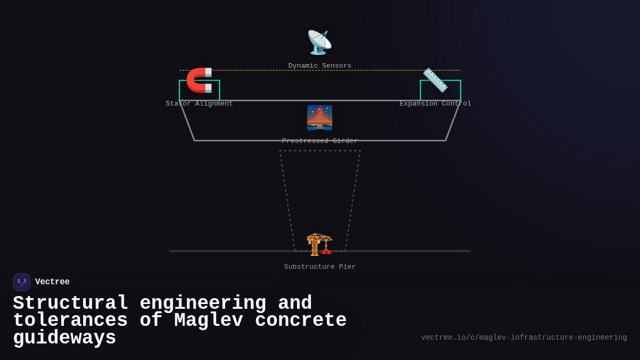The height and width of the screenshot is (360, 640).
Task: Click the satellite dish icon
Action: click(319, 43)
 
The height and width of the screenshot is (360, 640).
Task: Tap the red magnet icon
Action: click(199, 80)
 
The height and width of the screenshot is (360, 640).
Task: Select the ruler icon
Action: click(435, 80)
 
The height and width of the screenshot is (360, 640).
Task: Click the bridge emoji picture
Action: click(319, 118)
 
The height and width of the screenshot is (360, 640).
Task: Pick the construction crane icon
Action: click(319, 244)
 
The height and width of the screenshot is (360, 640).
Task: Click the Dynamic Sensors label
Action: click(320, 66)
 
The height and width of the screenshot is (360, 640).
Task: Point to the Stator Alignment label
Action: click(199, 104)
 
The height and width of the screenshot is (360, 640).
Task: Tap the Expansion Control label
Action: click(435, 104)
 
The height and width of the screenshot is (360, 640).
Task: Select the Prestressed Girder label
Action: click(320, 141)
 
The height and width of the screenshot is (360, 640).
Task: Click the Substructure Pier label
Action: click(320, 267)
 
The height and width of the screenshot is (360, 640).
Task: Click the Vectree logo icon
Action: click(22, 282)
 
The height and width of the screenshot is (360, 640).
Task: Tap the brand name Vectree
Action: click(52, 282)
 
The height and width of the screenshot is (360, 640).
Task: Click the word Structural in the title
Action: click(70, 303)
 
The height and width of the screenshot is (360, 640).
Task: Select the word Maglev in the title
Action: click(209, 321)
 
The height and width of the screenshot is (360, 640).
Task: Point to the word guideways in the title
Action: click(65, 338)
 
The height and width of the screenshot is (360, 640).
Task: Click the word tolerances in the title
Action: click(70, 321)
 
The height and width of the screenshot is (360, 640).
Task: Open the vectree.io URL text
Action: click(524, 338)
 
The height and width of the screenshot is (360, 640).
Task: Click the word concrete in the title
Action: click(301, 321)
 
